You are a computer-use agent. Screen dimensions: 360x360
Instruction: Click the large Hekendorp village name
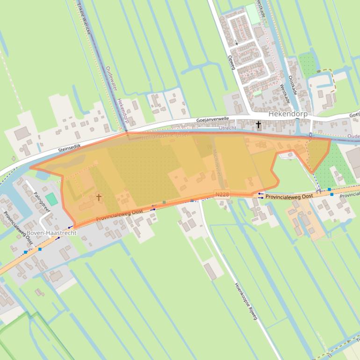coord(287,114)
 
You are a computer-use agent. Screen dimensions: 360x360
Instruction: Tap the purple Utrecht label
coord(227,128)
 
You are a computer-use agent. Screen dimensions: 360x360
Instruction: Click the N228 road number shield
coord(222,193)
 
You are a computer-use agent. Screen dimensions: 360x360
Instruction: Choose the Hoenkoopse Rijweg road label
coord(246,301)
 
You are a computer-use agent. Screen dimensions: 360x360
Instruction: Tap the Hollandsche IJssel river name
coord(165,135)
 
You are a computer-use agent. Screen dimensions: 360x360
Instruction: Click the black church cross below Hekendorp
coord(258,124)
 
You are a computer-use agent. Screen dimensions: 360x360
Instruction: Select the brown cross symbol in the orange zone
coord(99,197)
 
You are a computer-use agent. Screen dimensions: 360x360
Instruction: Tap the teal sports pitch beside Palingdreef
coord(51,199)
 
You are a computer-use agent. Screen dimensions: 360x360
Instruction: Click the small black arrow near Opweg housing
coord(237,43)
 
